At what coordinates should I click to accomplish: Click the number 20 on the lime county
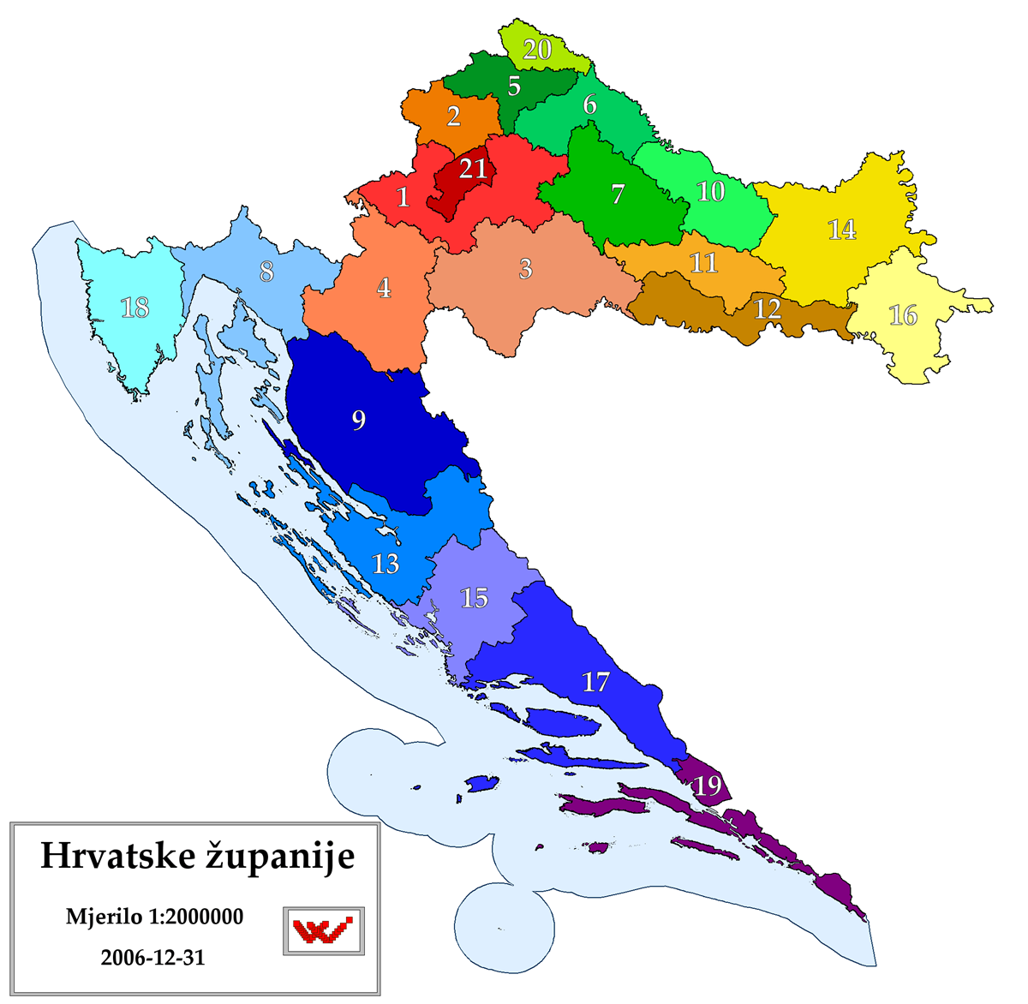[537, 50]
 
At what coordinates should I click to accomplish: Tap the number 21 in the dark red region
[473, 169]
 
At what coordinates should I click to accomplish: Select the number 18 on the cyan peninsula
[135, 307]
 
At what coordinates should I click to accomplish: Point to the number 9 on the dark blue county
[359, 420]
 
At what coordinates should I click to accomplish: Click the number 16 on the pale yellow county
[903, 315]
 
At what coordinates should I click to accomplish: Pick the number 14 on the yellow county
[842, 230]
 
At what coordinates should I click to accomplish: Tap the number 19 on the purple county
[708, 785]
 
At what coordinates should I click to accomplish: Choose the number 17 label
[596, 682]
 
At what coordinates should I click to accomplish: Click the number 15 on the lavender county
[475, 597]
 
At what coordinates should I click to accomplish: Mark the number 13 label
[385, 564]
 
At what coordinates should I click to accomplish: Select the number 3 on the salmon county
[526, 268]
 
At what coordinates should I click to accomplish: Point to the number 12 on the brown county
[767, 308]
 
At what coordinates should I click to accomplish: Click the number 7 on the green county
[619, 194]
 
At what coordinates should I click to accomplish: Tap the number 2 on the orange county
[454, 116]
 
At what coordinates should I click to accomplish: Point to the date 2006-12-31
[152, 957]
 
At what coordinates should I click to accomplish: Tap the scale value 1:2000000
[196, 917]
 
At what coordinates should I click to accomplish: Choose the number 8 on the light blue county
[266, 272]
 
